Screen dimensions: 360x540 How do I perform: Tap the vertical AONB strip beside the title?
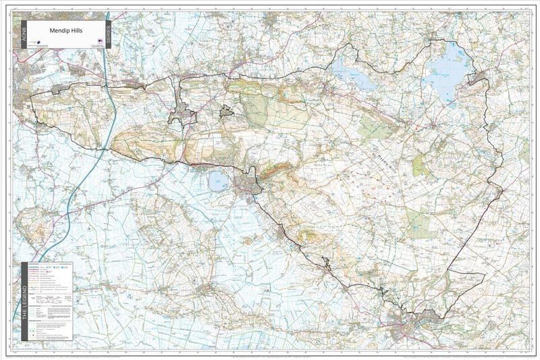[25, 34]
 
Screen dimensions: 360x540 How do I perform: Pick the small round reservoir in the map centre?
[218, 181]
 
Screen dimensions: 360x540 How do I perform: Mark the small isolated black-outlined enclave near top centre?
[226, 111]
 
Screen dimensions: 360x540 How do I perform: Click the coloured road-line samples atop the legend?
[40, 268]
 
